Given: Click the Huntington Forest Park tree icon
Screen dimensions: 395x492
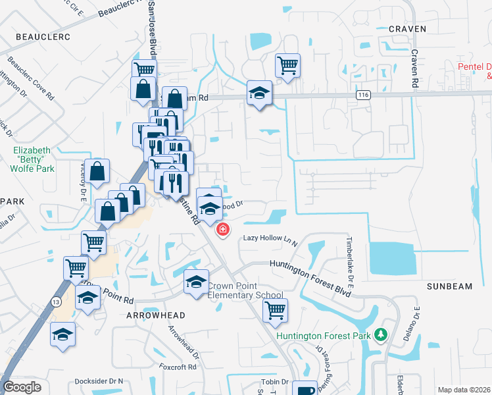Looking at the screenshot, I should point(380,335).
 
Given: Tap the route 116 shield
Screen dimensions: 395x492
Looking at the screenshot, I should point(362,95).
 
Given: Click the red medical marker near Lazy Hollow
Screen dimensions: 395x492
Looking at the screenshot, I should point(224,229).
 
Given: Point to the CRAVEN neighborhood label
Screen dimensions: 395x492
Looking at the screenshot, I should point(407,29).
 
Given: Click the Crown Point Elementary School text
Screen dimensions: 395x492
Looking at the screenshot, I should point(245,291).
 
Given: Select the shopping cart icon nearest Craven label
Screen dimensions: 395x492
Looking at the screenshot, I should point(287,65).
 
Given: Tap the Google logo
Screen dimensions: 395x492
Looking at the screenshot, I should point(22,387).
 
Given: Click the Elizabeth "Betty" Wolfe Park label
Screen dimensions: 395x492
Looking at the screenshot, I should point(33,159).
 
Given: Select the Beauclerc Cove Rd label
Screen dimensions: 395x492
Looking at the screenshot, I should point(30,78).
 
